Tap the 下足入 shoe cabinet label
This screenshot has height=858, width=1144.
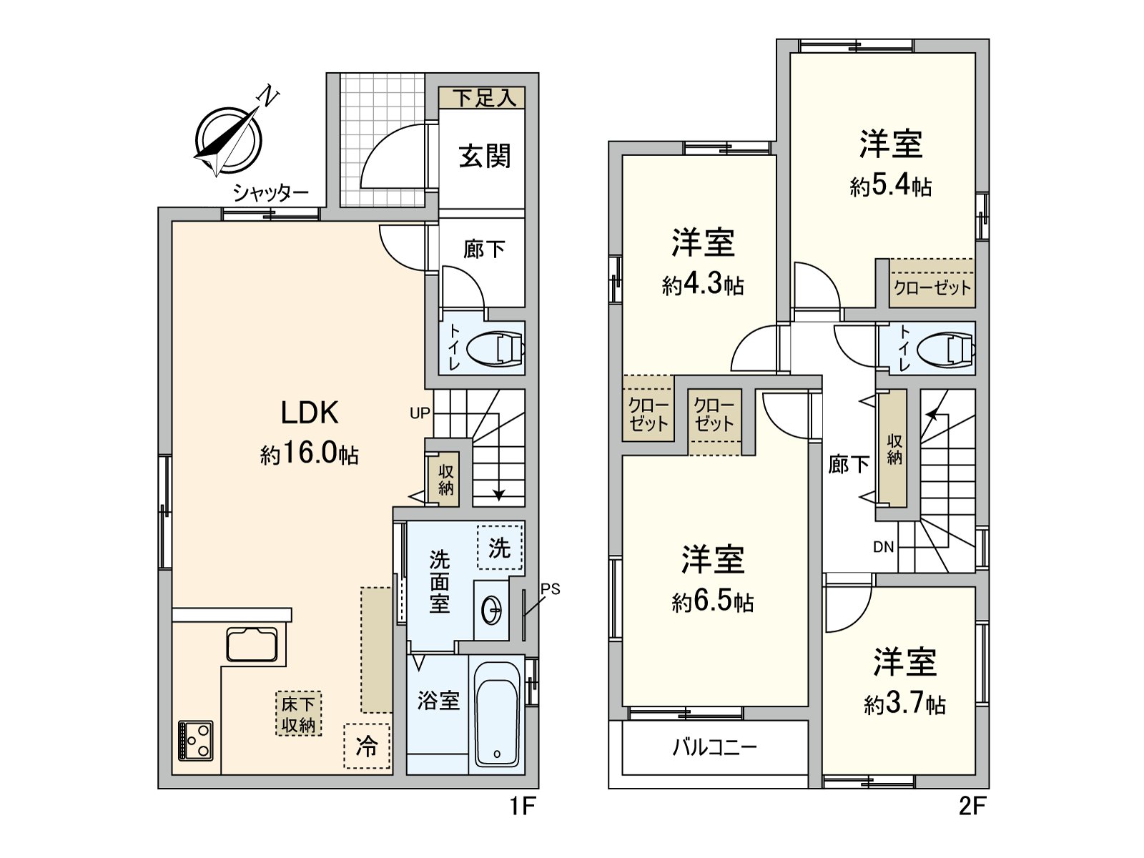[484, 98]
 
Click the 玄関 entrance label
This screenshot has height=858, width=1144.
[485, 155]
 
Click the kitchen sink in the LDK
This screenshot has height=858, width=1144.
[252, 643]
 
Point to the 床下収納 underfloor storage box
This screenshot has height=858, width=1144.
[298, 714]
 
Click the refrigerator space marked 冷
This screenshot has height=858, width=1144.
[367, 747]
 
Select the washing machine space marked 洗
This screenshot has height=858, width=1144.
[499, 548]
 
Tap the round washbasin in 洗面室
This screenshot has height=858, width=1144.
[492, 610]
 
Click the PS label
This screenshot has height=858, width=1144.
[550, 589]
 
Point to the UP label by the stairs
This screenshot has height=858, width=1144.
[420, 413]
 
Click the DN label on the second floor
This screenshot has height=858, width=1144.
[883, 547]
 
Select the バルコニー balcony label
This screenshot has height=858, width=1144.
[714, 747]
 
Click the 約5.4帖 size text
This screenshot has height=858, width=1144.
[890, 187]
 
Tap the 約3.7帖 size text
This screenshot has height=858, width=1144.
[904, 705]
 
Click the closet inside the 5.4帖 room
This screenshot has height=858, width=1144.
[932, 287]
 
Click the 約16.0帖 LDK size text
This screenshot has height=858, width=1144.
[309, 453]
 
